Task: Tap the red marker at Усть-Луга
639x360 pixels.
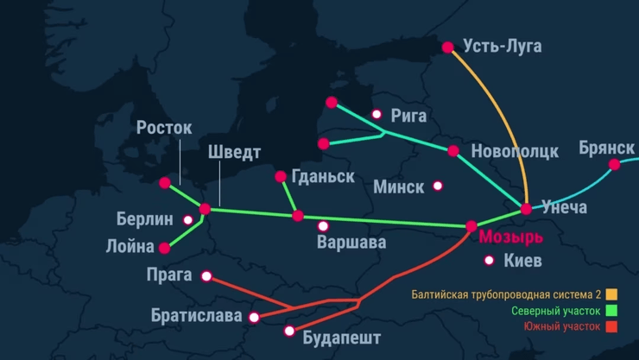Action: [x=447, y=48]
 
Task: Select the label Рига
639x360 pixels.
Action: [x=408, y=115]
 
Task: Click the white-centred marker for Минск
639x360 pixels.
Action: [x=438, y=186]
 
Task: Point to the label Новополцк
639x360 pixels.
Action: [x=515, y=151]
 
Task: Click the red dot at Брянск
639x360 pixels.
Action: [x=614, y=164]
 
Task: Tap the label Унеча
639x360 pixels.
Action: [x=564, y=207]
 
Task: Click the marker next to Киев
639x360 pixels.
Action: [x=490, y=260]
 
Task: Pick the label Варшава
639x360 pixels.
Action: [x=351, y=242]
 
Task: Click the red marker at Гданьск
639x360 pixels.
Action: [x=281, y=177]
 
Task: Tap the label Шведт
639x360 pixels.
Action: [x=234, y=153]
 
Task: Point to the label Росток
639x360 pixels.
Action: [x=164, y=128]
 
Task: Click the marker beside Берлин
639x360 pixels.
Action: [x=188, y=219]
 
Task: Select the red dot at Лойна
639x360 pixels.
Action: [x=164, y=248]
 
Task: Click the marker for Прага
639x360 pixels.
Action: [x=206, y=276]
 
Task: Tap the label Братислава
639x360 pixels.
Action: [x=196, y=316]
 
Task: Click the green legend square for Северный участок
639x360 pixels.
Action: [x=612, y=311]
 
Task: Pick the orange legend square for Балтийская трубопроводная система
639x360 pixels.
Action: [x=612, y=294]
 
